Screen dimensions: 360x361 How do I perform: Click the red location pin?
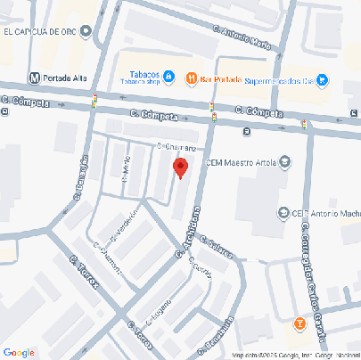180,168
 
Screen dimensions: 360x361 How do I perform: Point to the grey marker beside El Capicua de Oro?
86,33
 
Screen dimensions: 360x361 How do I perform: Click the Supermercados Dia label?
278,80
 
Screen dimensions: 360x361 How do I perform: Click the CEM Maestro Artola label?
241,162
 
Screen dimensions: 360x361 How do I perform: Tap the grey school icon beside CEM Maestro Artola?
284,162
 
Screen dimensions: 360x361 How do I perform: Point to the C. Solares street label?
216,246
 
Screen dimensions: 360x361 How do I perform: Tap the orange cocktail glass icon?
300,321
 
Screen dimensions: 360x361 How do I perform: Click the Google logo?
19,352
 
